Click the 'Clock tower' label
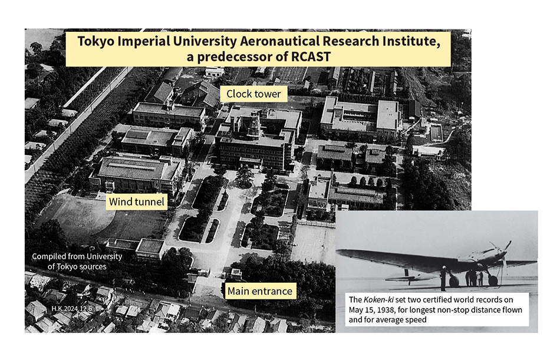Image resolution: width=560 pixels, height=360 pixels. pos(254,94)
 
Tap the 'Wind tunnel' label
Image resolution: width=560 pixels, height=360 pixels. pos(137,202)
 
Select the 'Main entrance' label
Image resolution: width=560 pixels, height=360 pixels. pos(259,290)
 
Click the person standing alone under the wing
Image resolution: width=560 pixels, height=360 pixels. pos(443,278)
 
